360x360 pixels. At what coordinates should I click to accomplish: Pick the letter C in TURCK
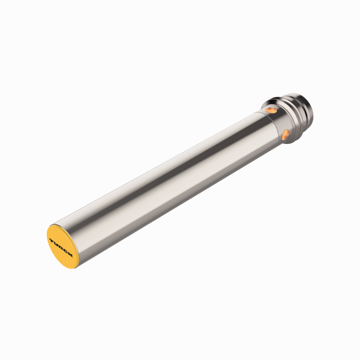point(65,250)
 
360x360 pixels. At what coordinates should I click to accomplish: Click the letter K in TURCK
point(69,254)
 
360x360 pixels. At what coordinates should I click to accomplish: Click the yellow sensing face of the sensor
point(58,252)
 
